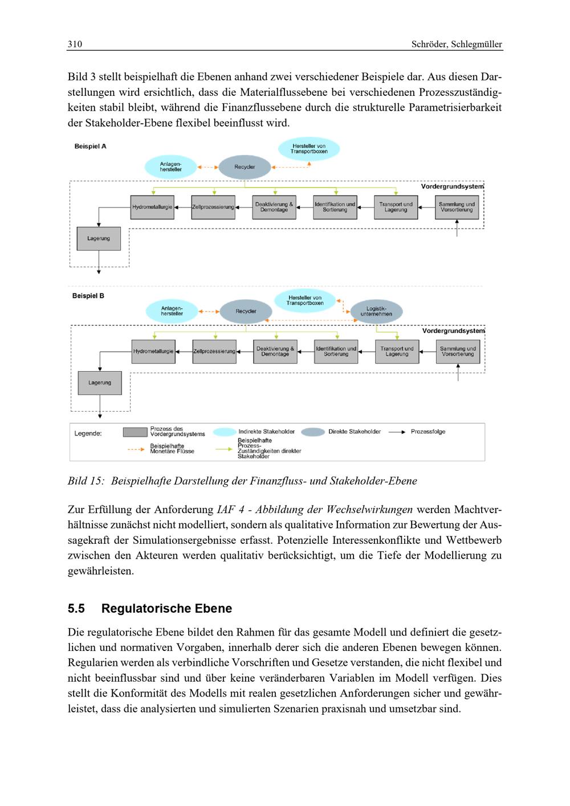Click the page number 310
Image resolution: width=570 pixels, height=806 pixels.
75,44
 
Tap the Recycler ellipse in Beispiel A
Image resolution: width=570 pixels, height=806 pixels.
245,167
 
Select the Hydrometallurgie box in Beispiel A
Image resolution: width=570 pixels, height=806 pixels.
153,207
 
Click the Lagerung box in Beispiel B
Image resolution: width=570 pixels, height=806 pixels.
100,383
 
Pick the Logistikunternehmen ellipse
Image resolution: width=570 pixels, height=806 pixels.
376,311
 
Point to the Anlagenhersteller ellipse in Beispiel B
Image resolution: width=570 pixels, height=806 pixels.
172,311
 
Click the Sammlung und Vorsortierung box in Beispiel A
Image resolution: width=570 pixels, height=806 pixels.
457,207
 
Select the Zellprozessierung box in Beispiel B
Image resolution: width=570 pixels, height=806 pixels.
214,352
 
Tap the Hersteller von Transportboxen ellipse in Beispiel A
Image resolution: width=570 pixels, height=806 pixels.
309,149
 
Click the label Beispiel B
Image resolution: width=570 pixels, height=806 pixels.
88,296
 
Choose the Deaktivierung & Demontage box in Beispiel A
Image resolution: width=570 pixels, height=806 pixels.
274,207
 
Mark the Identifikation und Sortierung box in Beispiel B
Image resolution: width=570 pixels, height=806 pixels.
336,352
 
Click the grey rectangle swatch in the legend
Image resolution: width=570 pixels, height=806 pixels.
135,432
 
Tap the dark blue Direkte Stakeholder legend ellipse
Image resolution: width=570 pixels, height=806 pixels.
312,432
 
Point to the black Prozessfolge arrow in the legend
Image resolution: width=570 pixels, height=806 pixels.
396,432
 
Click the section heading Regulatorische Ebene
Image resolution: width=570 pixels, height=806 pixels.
166,608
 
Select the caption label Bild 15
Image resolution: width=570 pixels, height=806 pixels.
85,481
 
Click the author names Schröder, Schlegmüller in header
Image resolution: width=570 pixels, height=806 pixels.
457,44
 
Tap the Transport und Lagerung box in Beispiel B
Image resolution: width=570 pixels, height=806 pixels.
397,352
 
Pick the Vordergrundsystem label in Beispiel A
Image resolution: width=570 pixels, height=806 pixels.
452,186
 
